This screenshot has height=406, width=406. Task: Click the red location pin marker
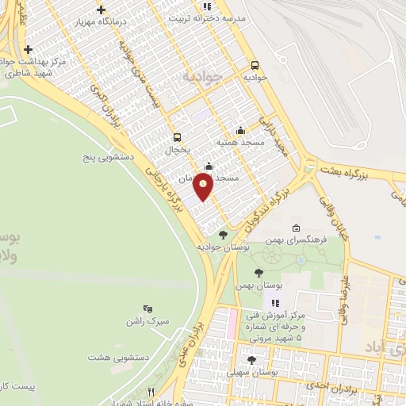[204, 185]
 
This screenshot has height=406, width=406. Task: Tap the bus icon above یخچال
[176, 136]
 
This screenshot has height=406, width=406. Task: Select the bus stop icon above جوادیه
[255, 66]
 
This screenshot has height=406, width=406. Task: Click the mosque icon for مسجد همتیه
[240, 130]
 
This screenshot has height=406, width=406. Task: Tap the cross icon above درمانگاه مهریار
[100, 10]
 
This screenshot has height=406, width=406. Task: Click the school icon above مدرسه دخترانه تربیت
[208, 6]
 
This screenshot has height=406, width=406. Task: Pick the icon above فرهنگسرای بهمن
[296, 228]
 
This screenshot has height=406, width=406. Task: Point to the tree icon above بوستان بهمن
[259, 272]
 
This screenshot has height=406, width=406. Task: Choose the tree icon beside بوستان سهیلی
[251, 359]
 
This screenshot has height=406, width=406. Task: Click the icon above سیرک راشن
[147, 308]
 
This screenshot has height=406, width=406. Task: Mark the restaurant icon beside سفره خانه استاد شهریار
[151, 391]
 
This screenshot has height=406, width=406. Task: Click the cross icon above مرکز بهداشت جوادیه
[28, 49]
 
